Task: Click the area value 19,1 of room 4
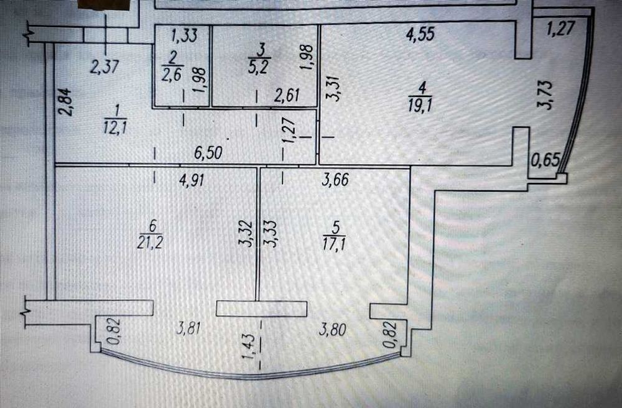pyautogui.click(x=420, y=106)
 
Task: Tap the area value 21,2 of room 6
pyautogui.click(x=150, y=241)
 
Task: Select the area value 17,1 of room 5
pyautogui.click(x=334, y=243)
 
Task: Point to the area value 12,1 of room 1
pyautogui.click(x=115, y=128)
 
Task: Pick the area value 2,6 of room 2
pyautogui.click(x=172, y=74)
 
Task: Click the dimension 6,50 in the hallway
pyautogui.click(x=208, y=152)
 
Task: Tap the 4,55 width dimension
pyautogui.click(x=420, y=34)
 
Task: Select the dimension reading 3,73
pyautogui.click(x=545, y=95)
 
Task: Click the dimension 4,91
pyautogui.click(x=192, y=180)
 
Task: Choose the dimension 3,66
pyautogui.click(x=335, y=179)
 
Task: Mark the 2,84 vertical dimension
pyautogui.click(x=66, y=101)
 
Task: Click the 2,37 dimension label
pyautogui.click(x=104, y=67)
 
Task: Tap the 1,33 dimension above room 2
pyautogui.click(x=184, y=35)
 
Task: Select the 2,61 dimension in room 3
pyautogui.click(x=287, y=95)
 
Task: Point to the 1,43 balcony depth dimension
pyautogui.click(x=248, y=346)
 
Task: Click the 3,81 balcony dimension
pyautogui.click(x=188, y=328)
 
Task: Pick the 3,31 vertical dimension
pyautogui.click(x=336, y=89)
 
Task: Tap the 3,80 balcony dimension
pyautogui.click(x=333, y=330)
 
